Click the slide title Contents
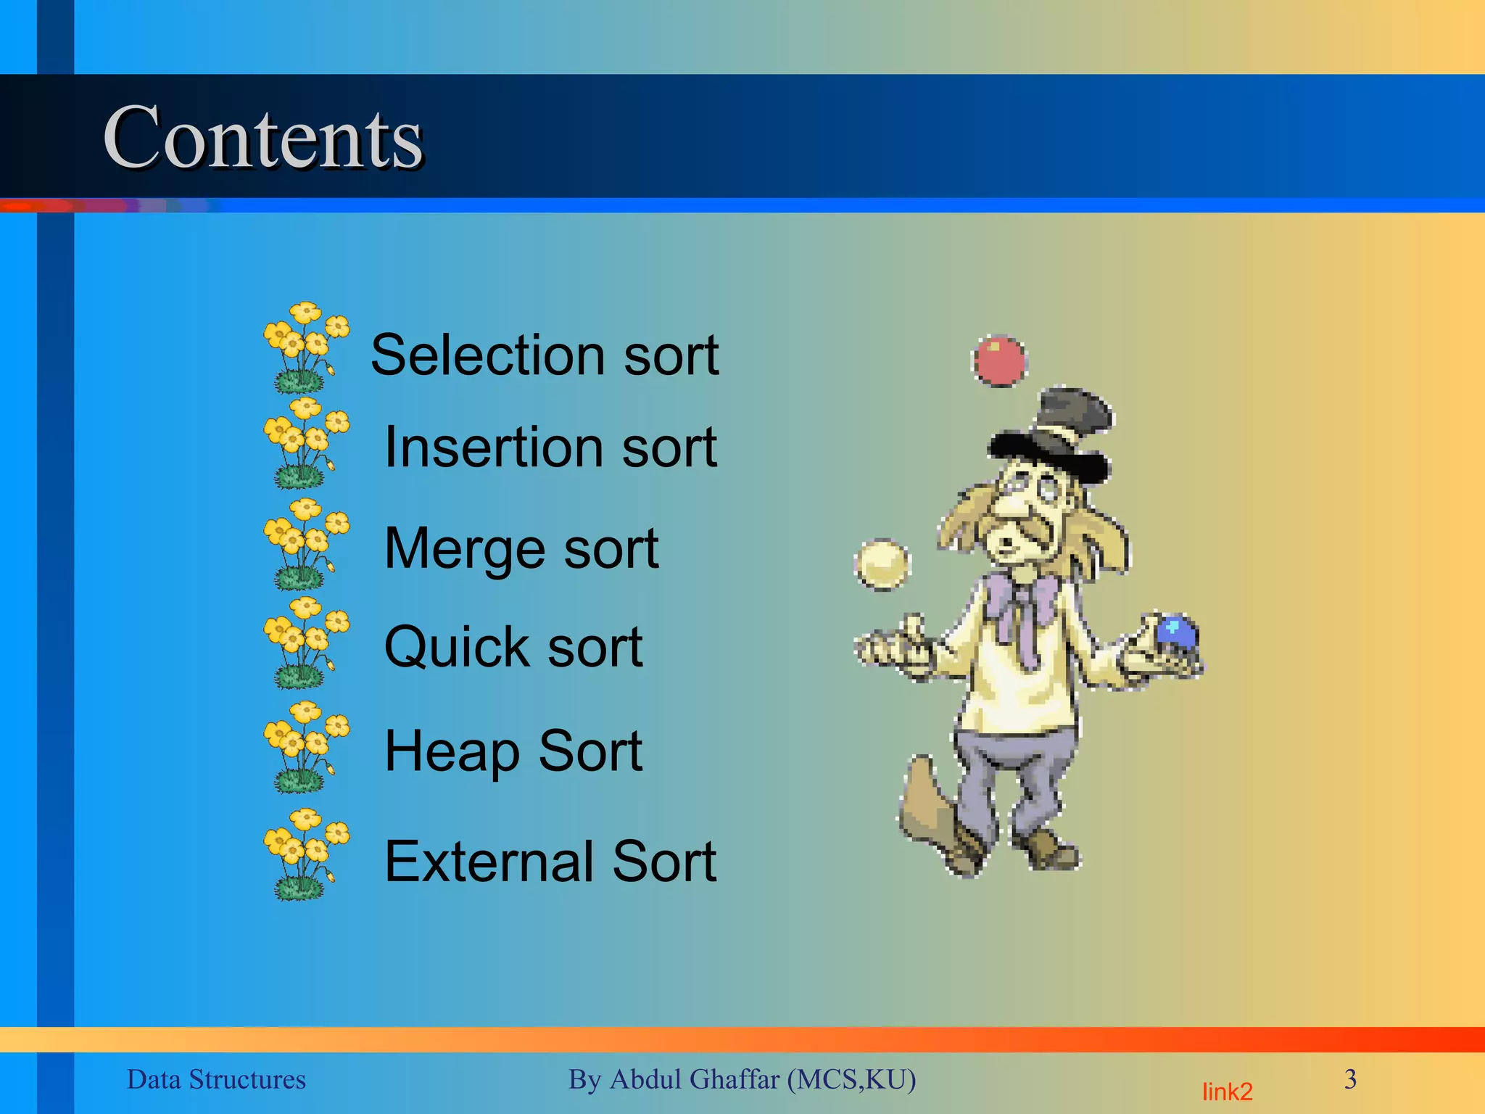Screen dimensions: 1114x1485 tap(262, 138)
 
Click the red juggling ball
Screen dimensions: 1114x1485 tap(999, 360)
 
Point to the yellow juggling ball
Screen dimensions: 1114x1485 tap(881, 564)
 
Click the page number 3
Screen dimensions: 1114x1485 tap(1349, 1079)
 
